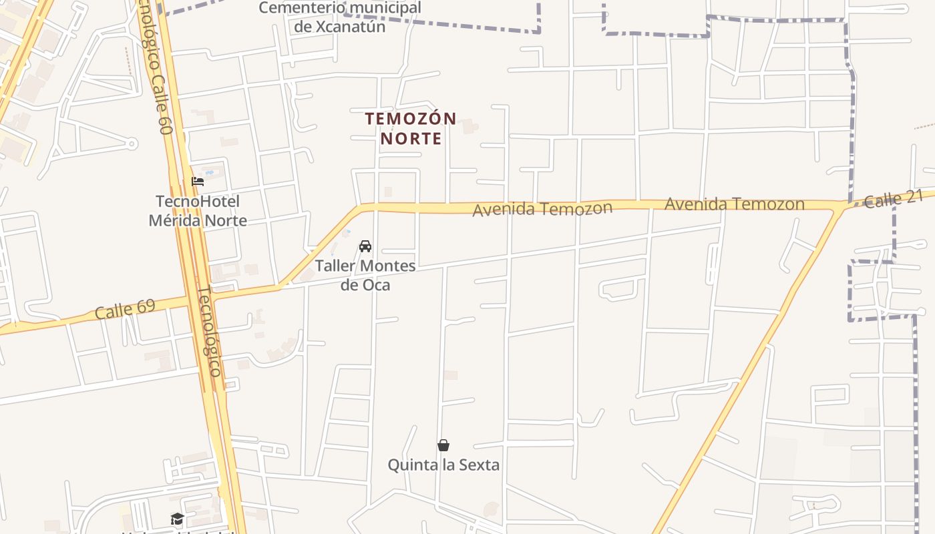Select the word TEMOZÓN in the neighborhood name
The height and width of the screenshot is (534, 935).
tap(411, 119)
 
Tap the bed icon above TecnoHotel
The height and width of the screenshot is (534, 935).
tap(197, 181)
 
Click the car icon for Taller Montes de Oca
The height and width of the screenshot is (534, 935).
tap(365, 246)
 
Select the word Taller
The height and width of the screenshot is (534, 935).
tap(335, 266)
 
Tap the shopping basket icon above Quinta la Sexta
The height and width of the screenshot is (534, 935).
tap(443, 445)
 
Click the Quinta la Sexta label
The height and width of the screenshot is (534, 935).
tap(443, 465)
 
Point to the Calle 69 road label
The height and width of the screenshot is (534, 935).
tap(125, 309)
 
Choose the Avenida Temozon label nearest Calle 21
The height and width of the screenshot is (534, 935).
tap(734, 204)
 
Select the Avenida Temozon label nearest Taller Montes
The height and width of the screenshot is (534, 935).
tap(542, 209)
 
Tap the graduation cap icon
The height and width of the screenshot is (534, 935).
tap(177, 519)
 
